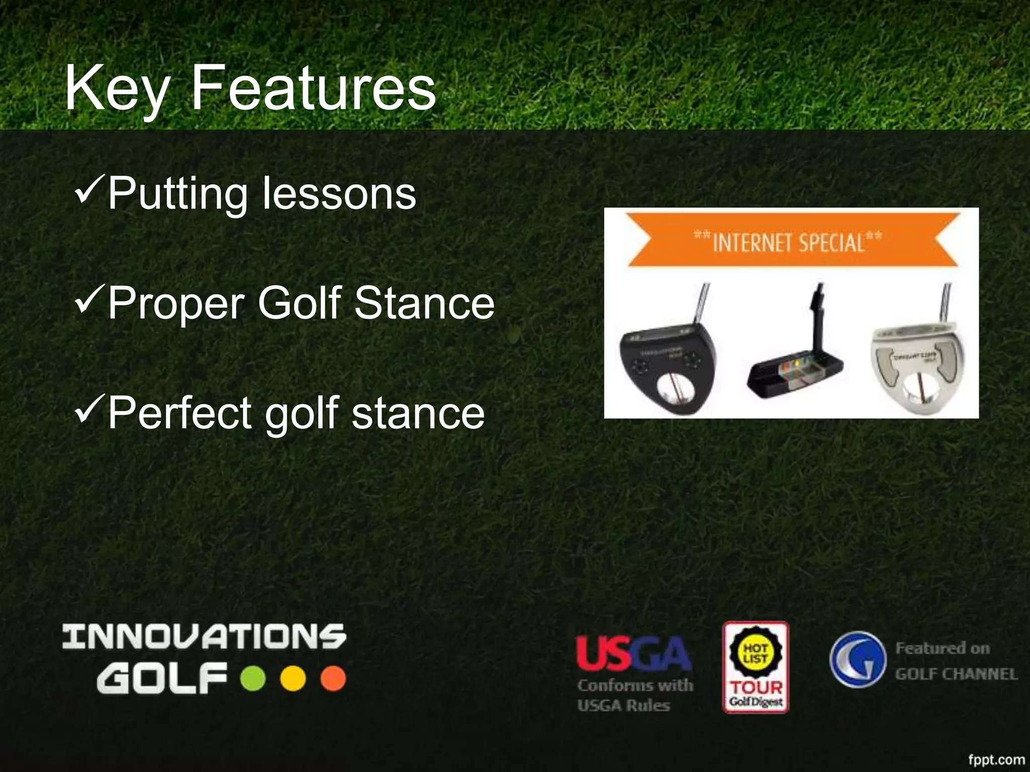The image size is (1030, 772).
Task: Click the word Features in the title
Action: (x=314, y=88)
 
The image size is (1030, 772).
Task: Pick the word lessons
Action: (x=339, y=194)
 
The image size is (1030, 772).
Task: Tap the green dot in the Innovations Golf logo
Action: (x=253, y=679)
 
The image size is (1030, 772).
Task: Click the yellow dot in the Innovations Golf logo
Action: (x=293, y=679)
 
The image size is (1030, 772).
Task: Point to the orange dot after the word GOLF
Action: (x=333, y=679)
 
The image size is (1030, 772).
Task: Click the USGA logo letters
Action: (x=634, y=653)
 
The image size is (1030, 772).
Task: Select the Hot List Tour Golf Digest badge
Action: (x=755, y=667)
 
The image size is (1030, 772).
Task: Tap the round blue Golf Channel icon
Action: (x=857, y=659)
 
